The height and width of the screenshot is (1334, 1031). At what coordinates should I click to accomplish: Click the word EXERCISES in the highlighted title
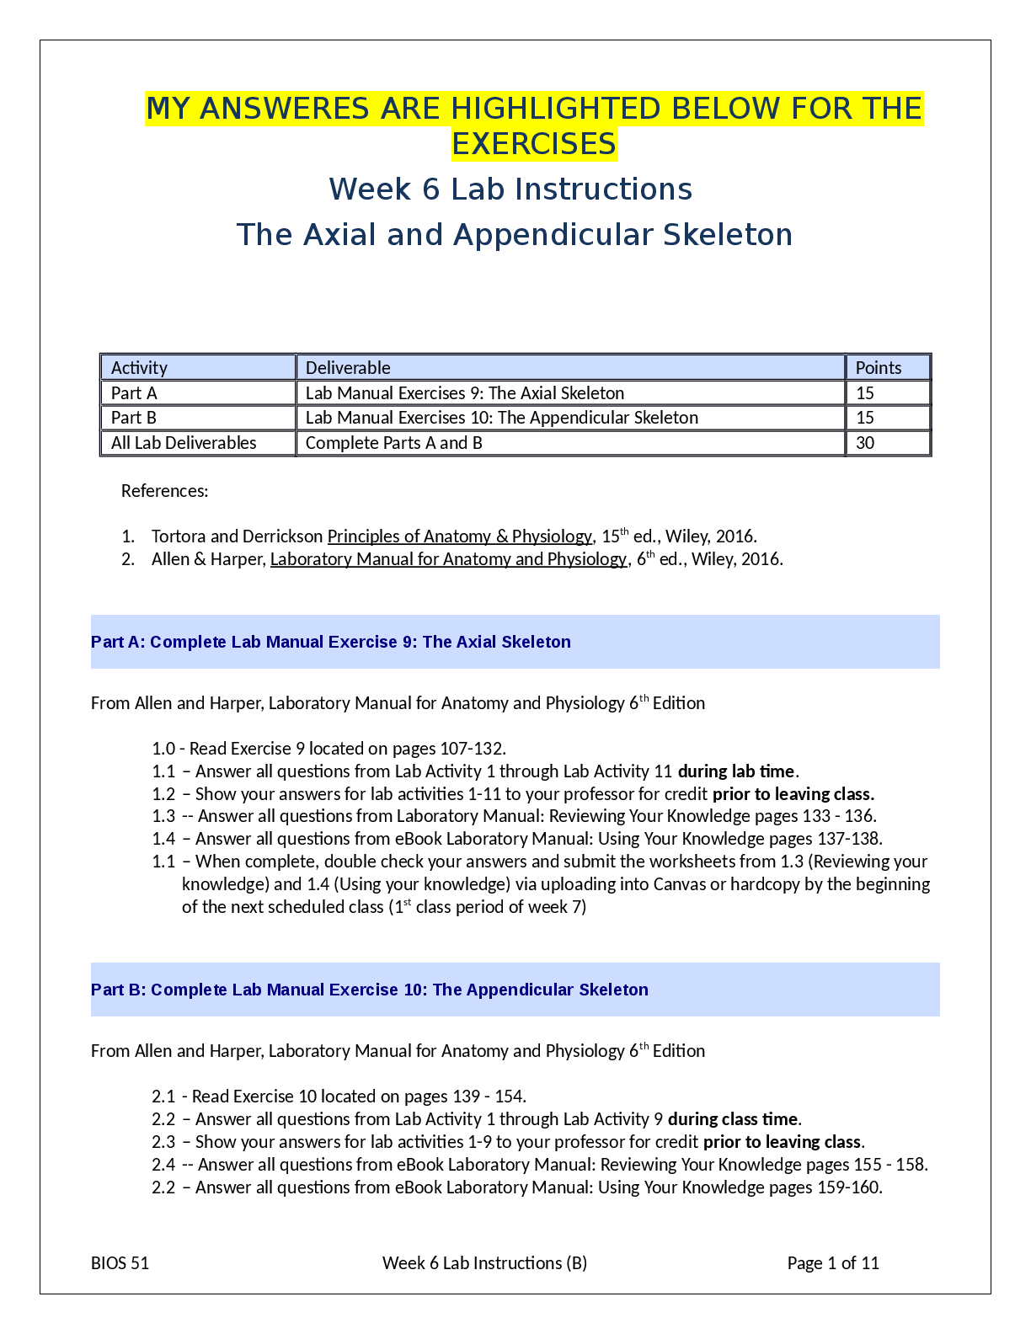click(x=534, y=144)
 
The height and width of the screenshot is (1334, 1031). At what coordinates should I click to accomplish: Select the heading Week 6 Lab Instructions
click(x=510, y=189)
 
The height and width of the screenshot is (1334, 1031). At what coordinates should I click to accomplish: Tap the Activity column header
click(x=139, y=368)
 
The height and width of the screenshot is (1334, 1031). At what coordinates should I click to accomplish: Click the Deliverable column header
click(x=348, y=368)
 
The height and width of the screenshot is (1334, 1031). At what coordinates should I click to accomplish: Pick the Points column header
click(x=879, y=368)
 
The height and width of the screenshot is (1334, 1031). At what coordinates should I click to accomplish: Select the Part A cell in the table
click(x=134, y=393)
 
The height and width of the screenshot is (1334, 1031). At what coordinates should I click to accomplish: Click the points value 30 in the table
click(x=865, y=443)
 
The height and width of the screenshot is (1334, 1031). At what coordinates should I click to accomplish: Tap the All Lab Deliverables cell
click(x=184, y=443)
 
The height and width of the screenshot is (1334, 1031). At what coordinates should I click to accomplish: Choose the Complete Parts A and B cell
click(x=394, y=443)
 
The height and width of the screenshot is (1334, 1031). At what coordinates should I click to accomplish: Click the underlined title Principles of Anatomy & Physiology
click(x=460, y=536)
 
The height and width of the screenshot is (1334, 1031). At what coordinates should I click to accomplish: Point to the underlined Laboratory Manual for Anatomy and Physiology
click(x=448, y=559)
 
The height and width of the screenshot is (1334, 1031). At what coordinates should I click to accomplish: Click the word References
click(x=164, y=491)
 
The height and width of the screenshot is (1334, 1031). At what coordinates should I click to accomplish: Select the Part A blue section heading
click(x=331, y=642)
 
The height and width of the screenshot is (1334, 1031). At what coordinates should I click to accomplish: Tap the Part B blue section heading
click(x=370, y=990)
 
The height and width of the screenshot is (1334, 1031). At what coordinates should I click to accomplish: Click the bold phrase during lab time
click(x=736, y=771)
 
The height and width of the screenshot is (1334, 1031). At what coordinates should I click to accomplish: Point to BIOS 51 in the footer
click(x=120, y=1263)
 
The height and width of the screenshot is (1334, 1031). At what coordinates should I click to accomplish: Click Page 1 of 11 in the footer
click(x=833, y=1263)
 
